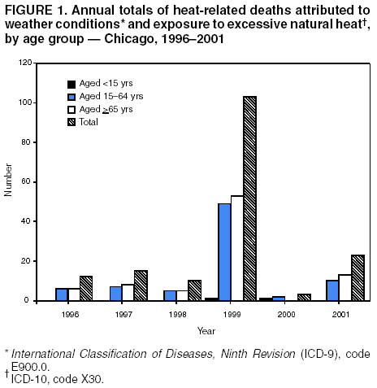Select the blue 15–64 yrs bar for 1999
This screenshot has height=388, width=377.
point(224,252)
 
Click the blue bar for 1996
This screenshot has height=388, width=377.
point(60,294)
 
